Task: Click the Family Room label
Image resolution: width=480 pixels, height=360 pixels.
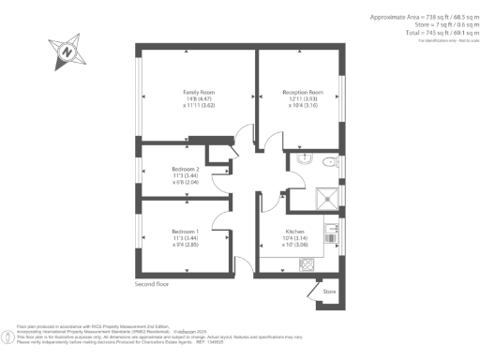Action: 199,92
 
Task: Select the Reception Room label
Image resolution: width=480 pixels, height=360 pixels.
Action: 303,92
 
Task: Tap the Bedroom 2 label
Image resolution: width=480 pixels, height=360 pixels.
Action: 185,168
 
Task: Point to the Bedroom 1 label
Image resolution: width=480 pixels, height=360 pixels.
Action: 185,232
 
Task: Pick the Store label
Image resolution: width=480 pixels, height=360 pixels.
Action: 329,292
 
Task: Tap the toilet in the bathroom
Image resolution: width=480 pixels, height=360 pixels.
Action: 327,163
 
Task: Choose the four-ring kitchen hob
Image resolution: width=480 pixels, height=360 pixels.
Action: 307,263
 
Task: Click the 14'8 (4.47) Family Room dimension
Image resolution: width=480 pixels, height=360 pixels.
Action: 199,98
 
